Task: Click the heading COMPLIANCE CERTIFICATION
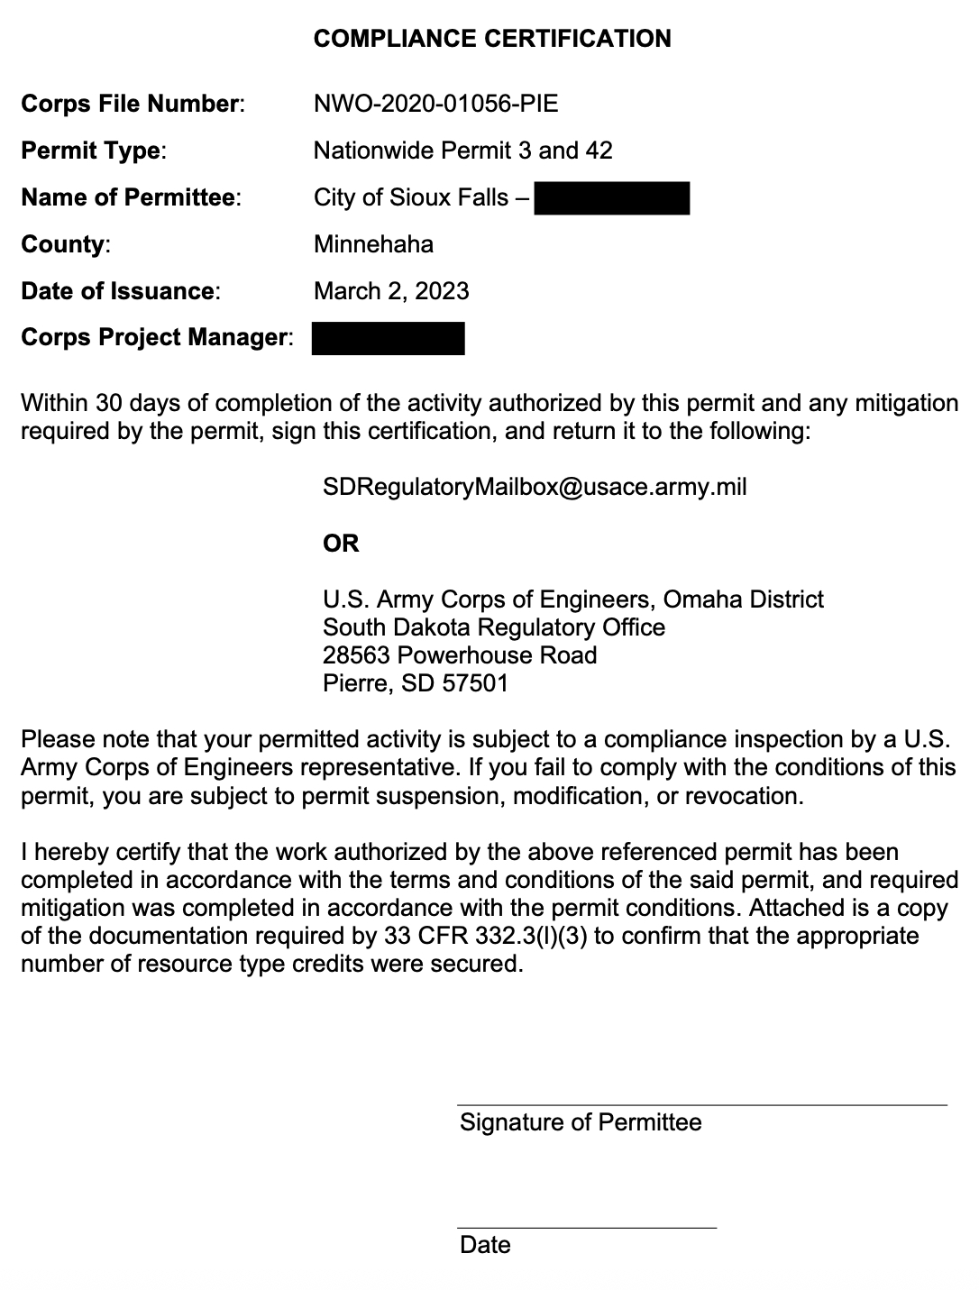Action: click(x=491, y=39)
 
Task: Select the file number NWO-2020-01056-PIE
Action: click(x=435, y=104)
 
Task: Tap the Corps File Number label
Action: click(x=132, y=104)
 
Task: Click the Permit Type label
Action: click(x=93, y=151)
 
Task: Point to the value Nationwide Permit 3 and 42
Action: click(x=462, y=151)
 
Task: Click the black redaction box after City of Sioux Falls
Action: click(x=611, y=197)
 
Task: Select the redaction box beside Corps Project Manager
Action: click(x=388, y=338)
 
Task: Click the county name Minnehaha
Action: click(x=373, y=244)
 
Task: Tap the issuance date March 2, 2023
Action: click(x=391, y=291)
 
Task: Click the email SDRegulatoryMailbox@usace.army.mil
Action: click(x=535, y=488)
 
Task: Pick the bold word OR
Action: click(x=341, y=544)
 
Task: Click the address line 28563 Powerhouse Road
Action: click(x=460, y=655)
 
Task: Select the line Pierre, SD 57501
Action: click(x=416, y=683)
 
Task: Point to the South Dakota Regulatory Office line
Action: click(x=494, y=627)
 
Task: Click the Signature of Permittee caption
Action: click(x=581, y=1122)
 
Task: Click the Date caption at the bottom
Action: click(x=485, y=1245)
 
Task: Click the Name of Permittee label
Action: click(x=131, y=197)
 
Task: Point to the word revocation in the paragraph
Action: click(x=741, y=797)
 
